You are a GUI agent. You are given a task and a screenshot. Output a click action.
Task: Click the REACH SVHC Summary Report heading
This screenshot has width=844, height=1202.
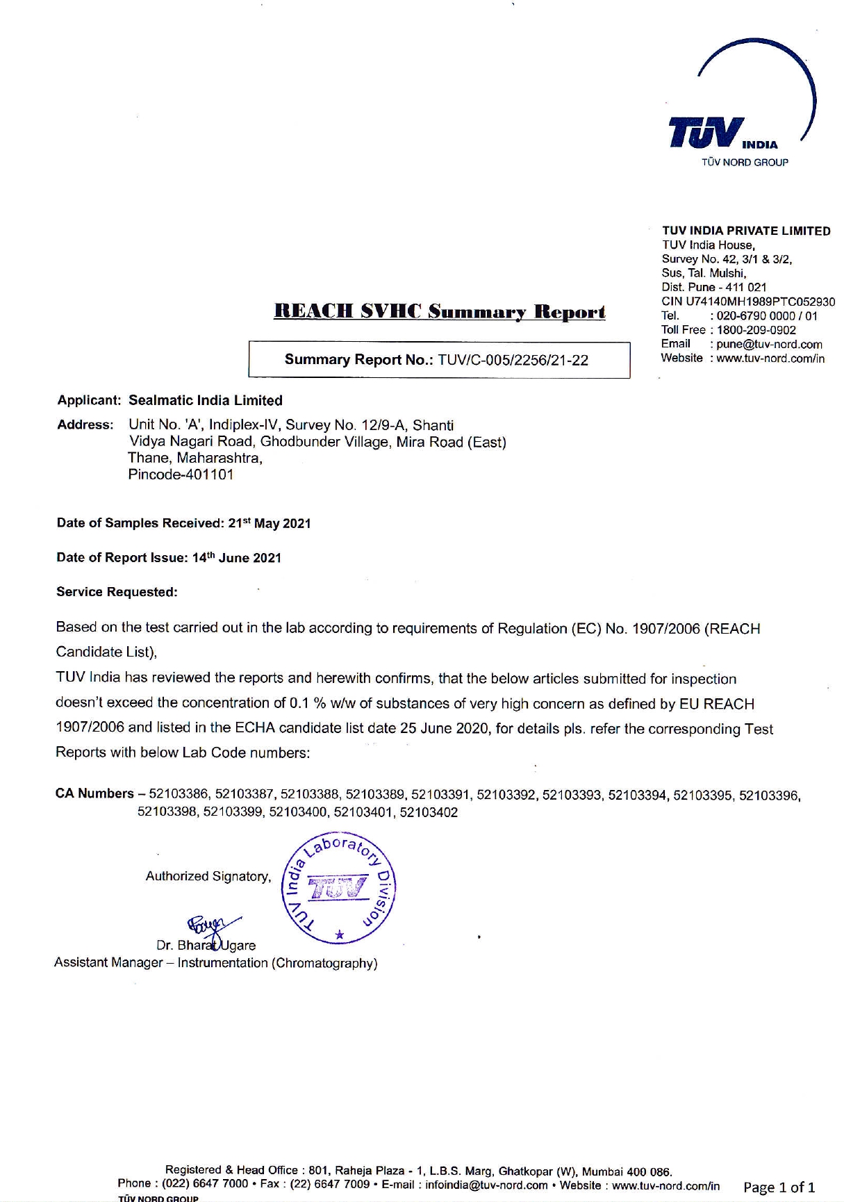(x=439, y=312)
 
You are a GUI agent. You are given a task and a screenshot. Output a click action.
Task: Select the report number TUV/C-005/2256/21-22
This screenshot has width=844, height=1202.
(x=513, y=360)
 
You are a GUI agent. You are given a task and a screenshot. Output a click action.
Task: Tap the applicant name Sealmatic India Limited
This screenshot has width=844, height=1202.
(x=206, y=400)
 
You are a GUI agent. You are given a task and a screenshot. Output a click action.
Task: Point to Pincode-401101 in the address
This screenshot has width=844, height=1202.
(x=181, y=475)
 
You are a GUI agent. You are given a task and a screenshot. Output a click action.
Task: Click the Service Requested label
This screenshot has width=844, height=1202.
(x=117, y=592)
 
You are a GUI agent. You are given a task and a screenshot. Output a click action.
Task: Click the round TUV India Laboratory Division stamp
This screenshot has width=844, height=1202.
(x=338, y=887)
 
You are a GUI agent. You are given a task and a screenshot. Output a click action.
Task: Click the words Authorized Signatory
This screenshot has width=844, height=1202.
(x=208, y=876)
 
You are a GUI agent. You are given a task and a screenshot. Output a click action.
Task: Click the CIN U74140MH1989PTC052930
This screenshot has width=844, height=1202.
(x=748, y=302)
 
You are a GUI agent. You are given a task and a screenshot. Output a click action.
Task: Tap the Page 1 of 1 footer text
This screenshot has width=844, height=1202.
(x=779, y=1187)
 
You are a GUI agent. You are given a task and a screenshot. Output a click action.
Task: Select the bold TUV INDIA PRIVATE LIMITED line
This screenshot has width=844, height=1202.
(x=746, y=231)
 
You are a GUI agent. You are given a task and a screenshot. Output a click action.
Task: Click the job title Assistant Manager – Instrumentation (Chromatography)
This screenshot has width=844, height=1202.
(x=215, y=963)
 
